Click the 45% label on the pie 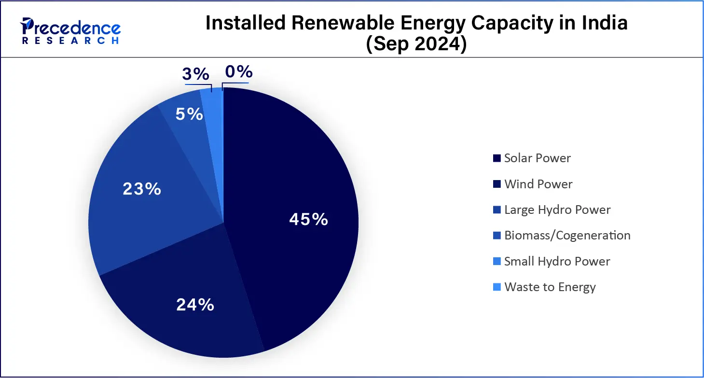309,220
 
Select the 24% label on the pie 195,305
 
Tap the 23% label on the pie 141,189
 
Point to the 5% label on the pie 189,114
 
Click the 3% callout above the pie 195,74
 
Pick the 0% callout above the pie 239,72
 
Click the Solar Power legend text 537,158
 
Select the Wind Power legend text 538,184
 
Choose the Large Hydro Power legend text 557,210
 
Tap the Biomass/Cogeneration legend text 567,236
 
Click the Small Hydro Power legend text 557,261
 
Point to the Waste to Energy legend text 550,287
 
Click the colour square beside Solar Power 497,158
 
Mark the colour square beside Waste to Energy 497,287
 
